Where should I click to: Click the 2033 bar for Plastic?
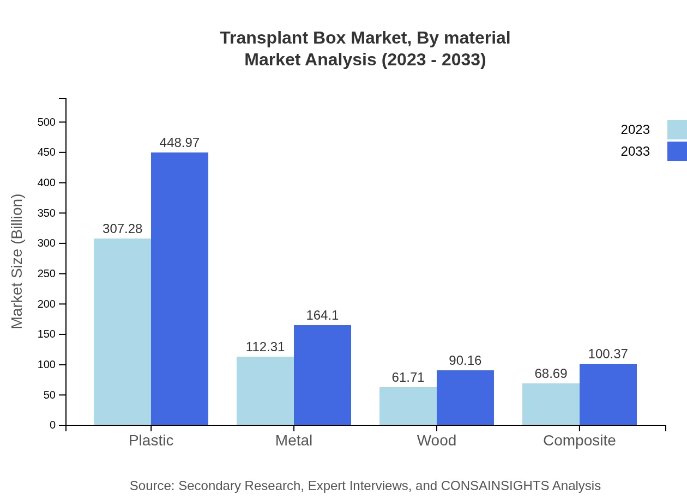pyautogui.click(x=179, y=289)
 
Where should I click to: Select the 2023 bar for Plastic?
pyautogui.click(x=122, y=332)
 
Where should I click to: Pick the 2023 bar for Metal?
pyautogui.click(x=265, y=390)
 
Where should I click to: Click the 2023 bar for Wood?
pyautogui.click(x=408, y=406)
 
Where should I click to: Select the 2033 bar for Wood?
pyautogui.click(x=465, y=398)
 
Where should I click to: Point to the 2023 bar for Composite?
pyautogui.click(x=551, y=404)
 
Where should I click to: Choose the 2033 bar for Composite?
pyautogui.click(x=608, y=394)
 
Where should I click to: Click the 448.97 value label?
pyautogui.click(x=179, y=143)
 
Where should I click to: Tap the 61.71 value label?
pyautogui.click(x=408, y=377)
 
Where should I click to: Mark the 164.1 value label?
pyautogui.click(x=322, y=315)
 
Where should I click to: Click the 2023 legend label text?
pyautogui.click(x=635, y=130)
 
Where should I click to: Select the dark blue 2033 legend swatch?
pyautogui.click(x=677, y=151)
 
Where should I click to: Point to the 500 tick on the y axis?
pyautogui.click(x=47, y=122)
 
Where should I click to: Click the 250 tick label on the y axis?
pyautogui.click(x=47, y=273)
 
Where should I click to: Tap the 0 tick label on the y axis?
pyautogui.click(x=53, y=425)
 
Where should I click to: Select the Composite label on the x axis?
pyautogui.click(x=579, y=440)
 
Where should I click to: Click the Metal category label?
pyautogui.click(x=294, y=440)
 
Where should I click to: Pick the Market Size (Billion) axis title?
pyautogui.click(x=17, y=261)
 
